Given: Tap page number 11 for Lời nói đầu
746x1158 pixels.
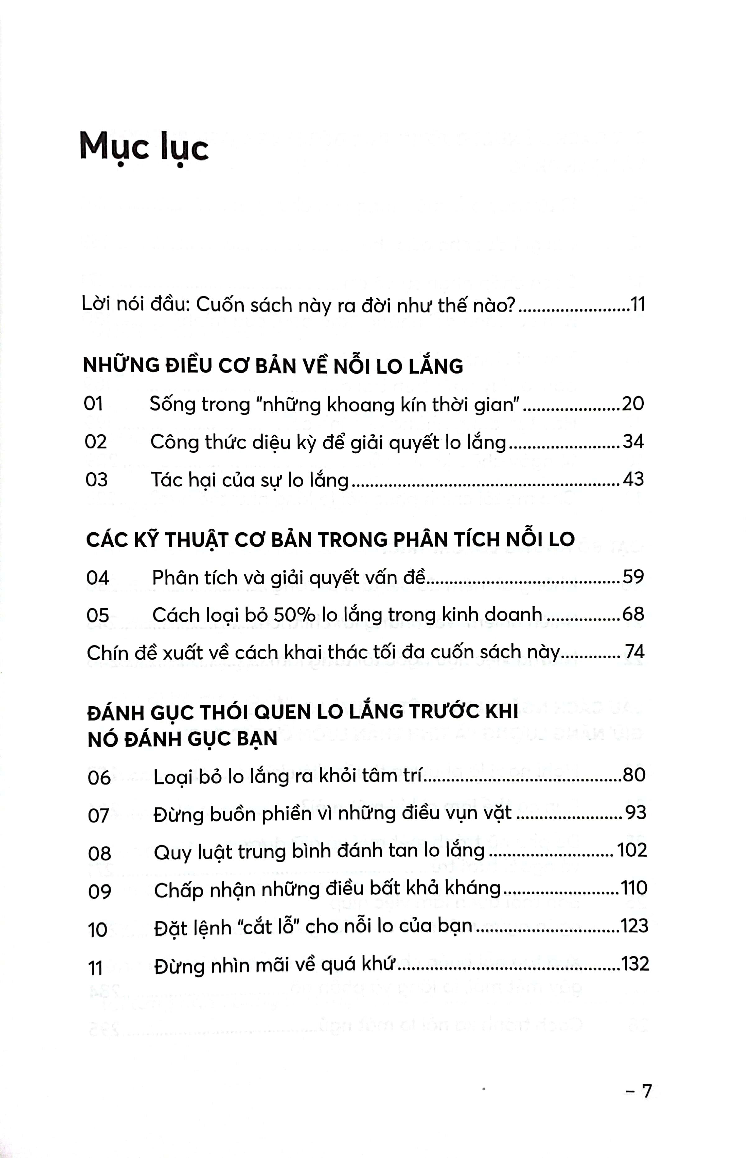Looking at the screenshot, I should coord(638,305).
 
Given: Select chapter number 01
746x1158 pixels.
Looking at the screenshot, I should coord(94,404).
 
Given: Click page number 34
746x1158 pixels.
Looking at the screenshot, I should coord(633,441).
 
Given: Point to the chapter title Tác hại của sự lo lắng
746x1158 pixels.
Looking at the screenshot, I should coord(250,480).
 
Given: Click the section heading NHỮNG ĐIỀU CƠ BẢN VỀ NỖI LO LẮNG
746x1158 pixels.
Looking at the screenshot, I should coord(273,366).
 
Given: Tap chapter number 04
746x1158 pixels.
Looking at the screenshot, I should coord(97,577).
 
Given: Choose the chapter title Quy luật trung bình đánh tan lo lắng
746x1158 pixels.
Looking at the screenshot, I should coord(319,851).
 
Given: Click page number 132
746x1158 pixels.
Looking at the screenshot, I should coord(635,964).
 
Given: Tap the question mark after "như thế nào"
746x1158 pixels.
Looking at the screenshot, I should coord(509,306).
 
